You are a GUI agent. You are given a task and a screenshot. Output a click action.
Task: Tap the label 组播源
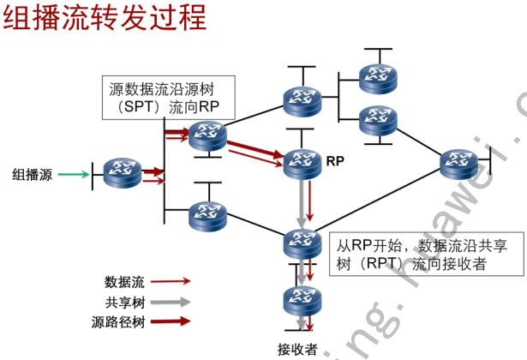pyautogui.click(x=32, y=175)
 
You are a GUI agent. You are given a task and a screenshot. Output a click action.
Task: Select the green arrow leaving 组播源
pyautogui.click(x=74, y=175)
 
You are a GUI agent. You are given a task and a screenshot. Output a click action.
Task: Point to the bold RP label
pyautogui.click(x=336, y=159)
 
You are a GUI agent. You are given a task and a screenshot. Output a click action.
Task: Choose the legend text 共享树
pyautogui.click(x=124, y=302)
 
